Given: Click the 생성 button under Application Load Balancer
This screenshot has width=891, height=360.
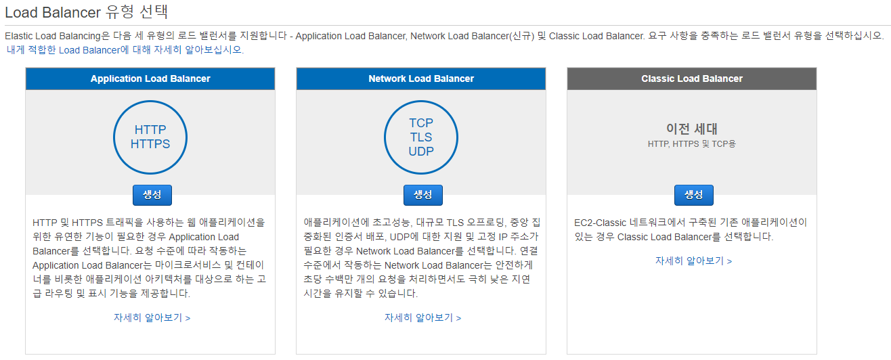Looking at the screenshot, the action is (x=152, y=195).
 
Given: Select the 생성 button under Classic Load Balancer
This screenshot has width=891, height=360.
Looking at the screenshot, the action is (x=693, y=195).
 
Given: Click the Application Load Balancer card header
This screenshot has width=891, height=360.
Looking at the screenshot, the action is (x=150, y=78).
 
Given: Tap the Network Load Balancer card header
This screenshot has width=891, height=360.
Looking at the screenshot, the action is (x=421, y=78).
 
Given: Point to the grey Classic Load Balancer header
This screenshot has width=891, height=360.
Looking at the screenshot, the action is (x=692, y=78).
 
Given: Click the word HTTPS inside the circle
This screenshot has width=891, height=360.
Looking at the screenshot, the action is (x=150, y=143).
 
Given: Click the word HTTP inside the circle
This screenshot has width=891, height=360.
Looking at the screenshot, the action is (x=150, y=129).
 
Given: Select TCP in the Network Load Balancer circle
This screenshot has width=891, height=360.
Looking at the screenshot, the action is (x=421, y=123).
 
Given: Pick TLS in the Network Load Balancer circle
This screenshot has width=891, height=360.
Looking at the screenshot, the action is (x=421, y=137).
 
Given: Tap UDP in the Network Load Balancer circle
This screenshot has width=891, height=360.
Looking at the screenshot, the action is (x=421, y=152).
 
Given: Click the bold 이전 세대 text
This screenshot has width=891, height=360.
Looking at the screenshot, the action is (x=691, y=129).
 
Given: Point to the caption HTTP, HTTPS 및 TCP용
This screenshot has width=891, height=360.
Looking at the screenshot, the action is (x=691, y=144).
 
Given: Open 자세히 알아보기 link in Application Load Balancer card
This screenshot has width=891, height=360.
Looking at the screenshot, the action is (x=152, y=317).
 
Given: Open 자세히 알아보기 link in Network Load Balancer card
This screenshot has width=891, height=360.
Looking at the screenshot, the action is (x=422, y=317).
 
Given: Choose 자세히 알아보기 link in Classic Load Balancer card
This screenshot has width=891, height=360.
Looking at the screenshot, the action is (x=693, y=261).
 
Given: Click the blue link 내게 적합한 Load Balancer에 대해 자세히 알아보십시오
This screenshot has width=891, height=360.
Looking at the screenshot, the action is (x=125, y=49).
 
